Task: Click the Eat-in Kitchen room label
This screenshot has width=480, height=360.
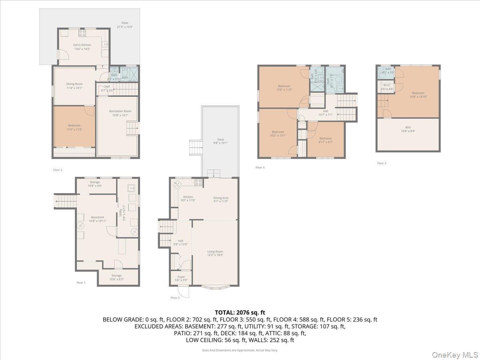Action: (82, 47)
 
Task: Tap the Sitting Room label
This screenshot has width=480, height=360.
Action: (74, 86)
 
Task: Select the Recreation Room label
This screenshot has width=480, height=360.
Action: (120, 113)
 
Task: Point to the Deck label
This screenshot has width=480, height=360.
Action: (220, 141)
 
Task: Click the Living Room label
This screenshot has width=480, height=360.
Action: (215, 253)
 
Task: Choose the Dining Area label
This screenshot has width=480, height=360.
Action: (220, 199)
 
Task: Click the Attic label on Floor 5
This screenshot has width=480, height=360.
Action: (408, 129)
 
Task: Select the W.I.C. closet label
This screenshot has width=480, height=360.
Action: (387, 87)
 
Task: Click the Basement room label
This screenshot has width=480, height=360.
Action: (97, 219)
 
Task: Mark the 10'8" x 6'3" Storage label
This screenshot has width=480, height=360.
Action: (116, 277)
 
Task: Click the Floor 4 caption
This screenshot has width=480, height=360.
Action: (260, 167)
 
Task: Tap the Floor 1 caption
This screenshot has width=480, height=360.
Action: (81, 282)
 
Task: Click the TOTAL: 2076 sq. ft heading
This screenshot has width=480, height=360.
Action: (240, 312)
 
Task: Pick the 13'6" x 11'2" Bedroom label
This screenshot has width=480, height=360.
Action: (284, 88)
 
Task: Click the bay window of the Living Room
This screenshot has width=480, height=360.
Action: (215, 286)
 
